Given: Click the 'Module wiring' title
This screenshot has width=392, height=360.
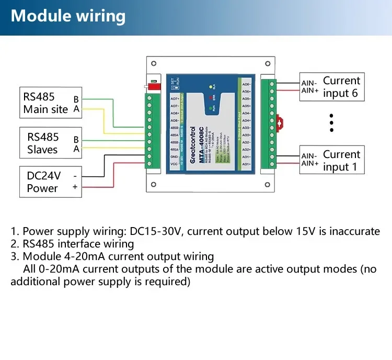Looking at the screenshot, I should (68, 16).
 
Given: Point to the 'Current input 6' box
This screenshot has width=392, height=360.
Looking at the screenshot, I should (331, 87).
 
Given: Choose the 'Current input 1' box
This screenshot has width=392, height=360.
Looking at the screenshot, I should (331, 160).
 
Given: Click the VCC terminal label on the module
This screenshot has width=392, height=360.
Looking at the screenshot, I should (175, 164).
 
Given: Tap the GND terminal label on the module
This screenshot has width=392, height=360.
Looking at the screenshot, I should (175, 156).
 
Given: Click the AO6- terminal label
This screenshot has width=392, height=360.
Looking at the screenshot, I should (247, 84).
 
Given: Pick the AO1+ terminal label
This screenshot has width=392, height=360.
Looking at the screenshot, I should (247, 164).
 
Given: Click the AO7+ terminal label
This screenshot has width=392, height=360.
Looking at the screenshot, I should (175, 98).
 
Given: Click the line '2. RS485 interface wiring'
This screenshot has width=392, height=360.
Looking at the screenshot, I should (72, 244).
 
